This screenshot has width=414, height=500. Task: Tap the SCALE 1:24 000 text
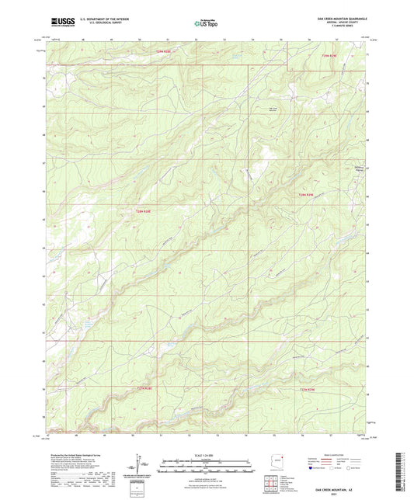206,454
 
